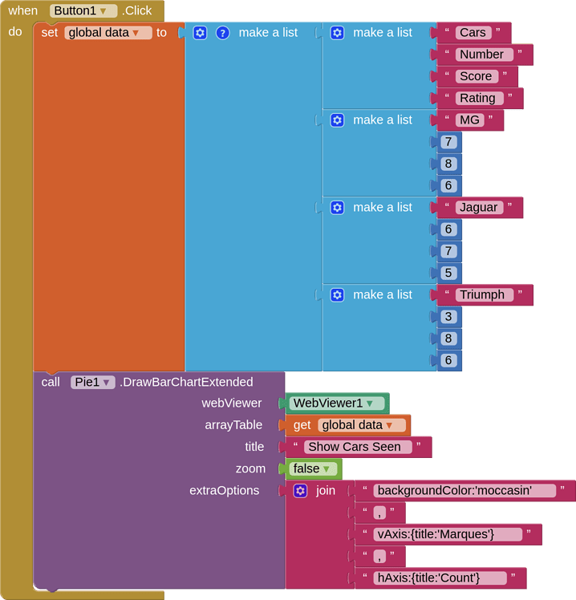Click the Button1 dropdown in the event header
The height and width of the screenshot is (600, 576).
(x=83, y=10)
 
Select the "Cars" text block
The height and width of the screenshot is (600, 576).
(x=473, y=33)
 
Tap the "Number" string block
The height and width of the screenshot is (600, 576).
(x=485, y=55)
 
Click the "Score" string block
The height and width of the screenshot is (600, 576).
(x=477, y=76)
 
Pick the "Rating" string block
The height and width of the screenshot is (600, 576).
(x=479, y=98)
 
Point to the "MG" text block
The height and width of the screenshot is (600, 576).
(x=469, y=120)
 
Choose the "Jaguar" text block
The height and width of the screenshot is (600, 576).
(x=479, y=208)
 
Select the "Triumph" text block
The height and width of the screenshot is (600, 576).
(x=485, y=294)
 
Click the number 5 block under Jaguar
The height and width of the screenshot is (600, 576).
(x=448, y=273)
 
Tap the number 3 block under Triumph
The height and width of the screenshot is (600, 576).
(x=448, y=317)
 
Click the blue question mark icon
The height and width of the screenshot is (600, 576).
(x=222, y=33)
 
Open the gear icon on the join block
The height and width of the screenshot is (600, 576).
(x=301, y=491)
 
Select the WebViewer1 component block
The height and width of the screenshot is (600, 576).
(x=337, y=403)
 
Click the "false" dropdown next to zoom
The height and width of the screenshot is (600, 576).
(x=313, y=468)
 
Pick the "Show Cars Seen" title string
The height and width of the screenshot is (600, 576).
(x=358, y=447)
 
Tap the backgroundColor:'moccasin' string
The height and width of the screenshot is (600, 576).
(x=464, y=491)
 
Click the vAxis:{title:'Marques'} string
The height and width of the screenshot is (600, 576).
(x=448, y=534)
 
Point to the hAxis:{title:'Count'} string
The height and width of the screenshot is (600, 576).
(x=440, y=578)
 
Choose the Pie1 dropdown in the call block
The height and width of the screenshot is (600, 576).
(x=92, y=382)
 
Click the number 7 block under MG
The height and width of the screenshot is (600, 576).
(x=448, y=142)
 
